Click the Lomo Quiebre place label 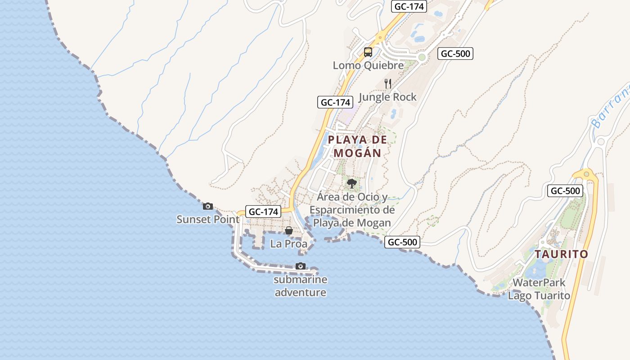(x=368, y=65)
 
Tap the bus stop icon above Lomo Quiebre (x=368, y=52)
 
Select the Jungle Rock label (x=387, y=97)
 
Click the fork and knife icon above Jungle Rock (x=388, y=83)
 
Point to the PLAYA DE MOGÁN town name (x=357, y=146)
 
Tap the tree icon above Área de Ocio (x=352, y=183)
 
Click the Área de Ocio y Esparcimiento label (x=352, y=210)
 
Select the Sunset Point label (x=208, y=220)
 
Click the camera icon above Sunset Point (x=208, y=206)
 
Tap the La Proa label (x=288, y=244)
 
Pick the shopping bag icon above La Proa (x=289, y=231)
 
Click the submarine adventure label (x=301, y=286)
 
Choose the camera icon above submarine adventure (x=301, y=266)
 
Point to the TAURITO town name (x=561, y=254)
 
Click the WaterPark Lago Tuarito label (x=539, y=289)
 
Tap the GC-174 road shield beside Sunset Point (x=263, y=211)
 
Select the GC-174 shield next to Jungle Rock (x=334, y=102)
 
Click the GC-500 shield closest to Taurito (x=565, y=191)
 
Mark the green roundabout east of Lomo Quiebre (x=422, y=57)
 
